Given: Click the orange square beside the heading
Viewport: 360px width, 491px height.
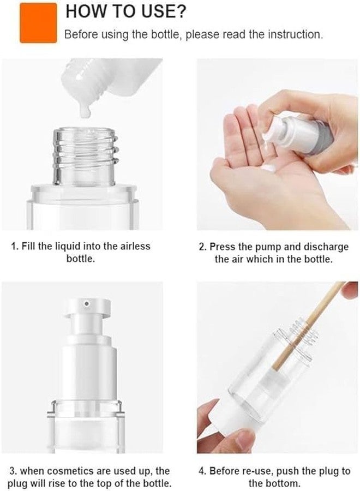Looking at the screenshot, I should tap(38, 22).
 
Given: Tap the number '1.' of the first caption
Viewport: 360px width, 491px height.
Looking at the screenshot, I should tap(15, 246).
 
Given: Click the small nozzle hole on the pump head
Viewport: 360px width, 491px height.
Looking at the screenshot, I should tap(86, 302).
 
